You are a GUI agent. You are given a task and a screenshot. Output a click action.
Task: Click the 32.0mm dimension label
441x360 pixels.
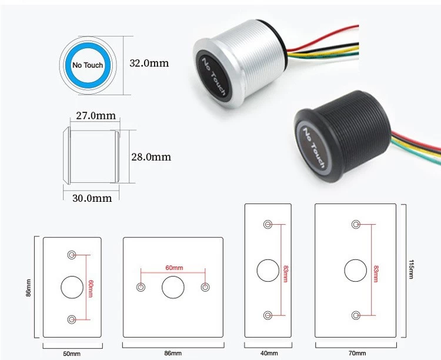coord(149,63)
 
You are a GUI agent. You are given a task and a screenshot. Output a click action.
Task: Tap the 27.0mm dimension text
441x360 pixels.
coord(96,115)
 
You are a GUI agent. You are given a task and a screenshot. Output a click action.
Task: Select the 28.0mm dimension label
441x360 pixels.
coord(151,157)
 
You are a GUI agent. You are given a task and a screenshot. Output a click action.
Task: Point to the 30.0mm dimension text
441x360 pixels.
coord(92,198)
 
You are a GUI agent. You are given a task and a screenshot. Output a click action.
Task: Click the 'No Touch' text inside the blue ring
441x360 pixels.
coord(88,65)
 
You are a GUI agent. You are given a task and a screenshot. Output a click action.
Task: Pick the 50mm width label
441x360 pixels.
coord(72,354)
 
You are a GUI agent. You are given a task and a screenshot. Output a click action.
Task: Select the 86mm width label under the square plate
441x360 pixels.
coord(173,353)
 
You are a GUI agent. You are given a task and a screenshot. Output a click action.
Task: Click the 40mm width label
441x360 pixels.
coord(269,353)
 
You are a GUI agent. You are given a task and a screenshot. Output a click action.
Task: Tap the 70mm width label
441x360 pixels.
coord(357,353)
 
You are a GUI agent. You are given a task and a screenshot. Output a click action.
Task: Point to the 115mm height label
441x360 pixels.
coord(410,269)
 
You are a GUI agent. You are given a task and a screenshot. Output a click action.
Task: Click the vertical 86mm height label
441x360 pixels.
coord(28,288)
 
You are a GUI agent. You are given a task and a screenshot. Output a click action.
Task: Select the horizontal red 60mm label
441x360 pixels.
coord(174,268)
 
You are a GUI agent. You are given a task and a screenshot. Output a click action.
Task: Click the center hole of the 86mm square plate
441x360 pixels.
coord(173,287)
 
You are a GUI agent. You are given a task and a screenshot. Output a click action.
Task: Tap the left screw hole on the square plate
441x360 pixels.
coord(141,287)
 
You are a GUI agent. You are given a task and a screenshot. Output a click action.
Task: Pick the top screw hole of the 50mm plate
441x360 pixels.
coord(72,255)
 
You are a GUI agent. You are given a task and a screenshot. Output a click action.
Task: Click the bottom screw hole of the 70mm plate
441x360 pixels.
coord(356,315)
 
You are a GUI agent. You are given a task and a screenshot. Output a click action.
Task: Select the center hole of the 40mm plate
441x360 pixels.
coord(268,270)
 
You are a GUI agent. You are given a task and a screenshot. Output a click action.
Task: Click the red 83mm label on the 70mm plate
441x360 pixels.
coord(376,274)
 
